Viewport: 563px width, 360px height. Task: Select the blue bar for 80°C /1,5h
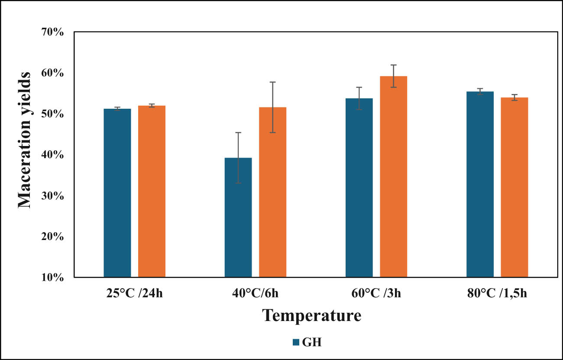pyautogui.click(x=480, y=184)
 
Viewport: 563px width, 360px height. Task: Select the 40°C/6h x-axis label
pyautogui.click(x=255, y=293)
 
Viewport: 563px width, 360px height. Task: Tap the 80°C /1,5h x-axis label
pyautogui.click(x=497, y=293)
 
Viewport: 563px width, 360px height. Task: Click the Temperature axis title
pyautogui.click(x=311, y=315)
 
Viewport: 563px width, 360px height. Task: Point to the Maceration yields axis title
pyautogui.click(x=25, y=140)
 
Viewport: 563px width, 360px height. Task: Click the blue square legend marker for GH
pyautogui.click(x=296, y=342)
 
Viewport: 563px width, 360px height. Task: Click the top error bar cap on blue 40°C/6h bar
pyautogui.click(x=238, y=133)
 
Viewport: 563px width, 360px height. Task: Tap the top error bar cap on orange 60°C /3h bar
pyautogui.click(x=393, y=65)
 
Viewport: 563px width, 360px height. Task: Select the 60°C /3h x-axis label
pyautogui.click(x=376, y=293)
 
